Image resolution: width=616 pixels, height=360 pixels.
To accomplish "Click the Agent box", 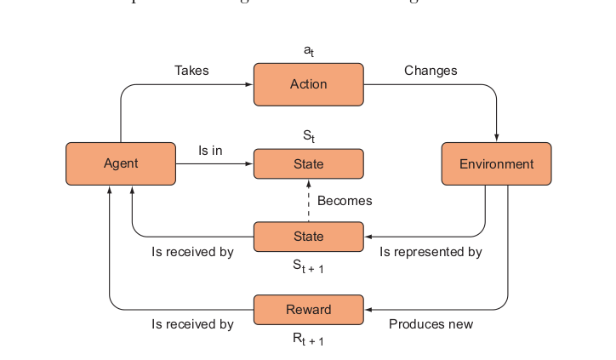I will pos(121,163).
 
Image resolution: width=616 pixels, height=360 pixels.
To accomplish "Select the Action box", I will pos(308,84).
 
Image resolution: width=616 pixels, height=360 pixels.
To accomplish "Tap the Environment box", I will pos(496,163).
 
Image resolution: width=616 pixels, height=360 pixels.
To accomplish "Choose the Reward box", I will pos(308,309).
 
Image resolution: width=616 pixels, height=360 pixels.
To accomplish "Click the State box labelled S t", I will pos(308,163).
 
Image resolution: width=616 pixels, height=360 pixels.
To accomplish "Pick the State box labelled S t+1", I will pos(308,236).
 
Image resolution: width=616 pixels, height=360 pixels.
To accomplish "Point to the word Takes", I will pos(191,71).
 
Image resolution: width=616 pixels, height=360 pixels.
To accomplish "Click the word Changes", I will pos(431,71).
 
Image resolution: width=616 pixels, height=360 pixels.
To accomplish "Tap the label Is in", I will pos(210,150).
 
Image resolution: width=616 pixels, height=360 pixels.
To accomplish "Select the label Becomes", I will pos(345,201).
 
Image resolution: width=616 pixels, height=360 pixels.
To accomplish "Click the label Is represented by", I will pos(431,252).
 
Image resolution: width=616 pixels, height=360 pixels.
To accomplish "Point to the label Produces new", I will pos(431,324).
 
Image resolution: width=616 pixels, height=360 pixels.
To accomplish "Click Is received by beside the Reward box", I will pos(192,324).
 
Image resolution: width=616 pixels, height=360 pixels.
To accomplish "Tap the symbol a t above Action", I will pos(308,52).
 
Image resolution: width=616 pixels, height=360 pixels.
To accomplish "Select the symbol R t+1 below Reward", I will pos(308,340).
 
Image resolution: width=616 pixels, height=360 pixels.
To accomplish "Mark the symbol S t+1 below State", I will pos(308,266).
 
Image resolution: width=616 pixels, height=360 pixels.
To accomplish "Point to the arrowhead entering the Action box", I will pos(249,84).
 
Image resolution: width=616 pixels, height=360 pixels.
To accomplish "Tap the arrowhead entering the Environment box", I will pos(496,138).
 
